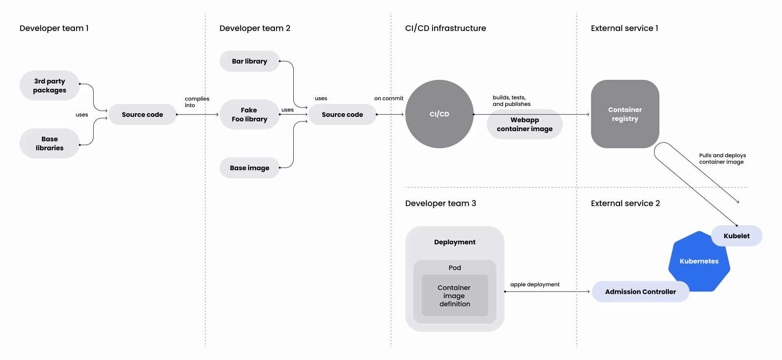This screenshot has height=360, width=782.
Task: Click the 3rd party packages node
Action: click(49, 86)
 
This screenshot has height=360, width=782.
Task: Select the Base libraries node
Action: click(49, 143)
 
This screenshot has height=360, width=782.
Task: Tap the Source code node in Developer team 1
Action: click(142, 114)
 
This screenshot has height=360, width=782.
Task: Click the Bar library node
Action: click(249, 61)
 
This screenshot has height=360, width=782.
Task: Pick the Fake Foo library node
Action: click(249, 114)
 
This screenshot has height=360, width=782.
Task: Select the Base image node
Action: click(249, 168)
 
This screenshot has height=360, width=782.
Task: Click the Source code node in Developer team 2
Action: click(342, 114)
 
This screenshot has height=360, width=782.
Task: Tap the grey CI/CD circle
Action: click(439, 114)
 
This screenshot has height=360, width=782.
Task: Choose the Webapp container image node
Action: click(525, 124)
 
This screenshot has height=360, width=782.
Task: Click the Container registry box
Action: click(625, 114)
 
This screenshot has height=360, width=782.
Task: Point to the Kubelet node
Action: click(736, 236)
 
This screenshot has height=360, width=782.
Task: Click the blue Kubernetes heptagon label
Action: click(699, 261)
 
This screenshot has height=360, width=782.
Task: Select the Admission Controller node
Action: click(640, 292)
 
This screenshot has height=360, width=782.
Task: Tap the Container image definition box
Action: click(455, 295)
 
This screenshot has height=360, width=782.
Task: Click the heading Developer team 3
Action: click(440, 203)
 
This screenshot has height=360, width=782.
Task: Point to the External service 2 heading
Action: click(625, 203)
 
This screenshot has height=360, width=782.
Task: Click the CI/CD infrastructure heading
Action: click(446, 28)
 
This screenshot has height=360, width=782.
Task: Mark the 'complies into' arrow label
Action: click(197, 102)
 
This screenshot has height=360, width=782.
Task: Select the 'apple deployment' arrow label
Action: click(535, 284)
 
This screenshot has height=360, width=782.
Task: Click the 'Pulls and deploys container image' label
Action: click(723, 158)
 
